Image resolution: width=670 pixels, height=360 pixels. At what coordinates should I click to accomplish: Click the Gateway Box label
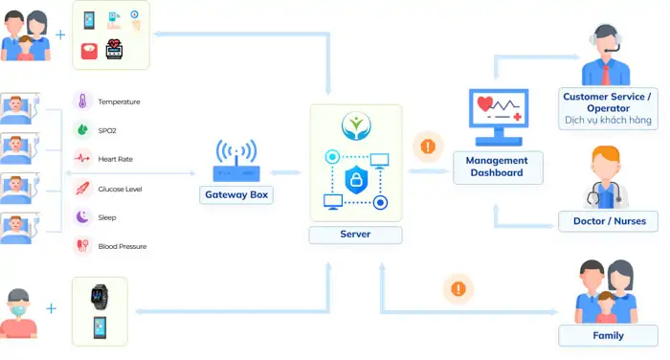pos(236,194)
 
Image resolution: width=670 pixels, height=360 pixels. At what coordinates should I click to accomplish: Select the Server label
pos(355,234)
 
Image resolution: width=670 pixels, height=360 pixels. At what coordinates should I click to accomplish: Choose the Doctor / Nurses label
pos(609,221)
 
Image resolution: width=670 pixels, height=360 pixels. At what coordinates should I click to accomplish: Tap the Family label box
pos(609,335)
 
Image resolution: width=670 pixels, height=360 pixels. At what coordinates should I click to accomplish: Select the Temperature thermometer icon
pos(82,101)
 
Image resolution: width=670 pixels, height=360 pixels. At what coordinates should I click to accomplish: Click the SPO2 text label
pos(108,130)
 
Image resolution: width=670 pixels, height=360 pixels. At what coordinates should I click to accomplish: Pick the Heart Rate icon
pos(82,159)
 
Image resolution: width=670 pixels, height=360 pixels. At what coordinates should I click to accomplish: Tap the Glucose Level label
pos(121,189)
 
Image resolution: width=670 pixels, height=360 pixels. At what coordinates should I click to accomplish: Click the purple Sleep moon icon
pos(82,217)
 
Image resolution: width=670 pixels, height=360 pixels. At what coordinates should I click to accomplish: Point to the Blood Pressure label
pos(123,246)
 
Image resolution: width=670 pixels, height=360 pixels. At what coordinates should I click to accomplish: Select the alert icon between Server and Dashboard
pos(425,147)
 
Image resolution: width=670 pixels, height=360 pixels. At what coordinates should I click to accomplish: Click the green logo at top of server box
pos(355,124)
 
